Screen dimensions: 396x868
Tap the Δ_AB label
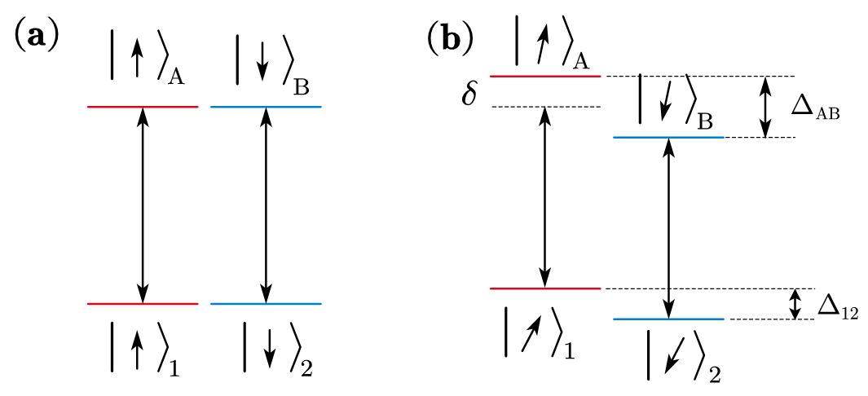pos(815,106)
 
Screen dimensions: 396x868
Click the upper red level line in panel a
pos(143,107)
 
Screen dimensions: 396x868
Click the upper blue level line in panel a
pos(266,107)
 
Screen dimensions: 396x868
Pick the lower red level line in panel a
pos(143,304)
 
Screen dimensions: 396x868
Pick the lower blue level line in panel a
pos(266,304)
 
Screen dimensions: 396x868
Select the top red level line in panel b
pos(544,76)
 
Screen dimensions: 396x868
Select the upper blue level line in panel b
pos(668,137)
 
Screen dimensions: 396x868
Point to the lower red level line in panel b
pos(544,288)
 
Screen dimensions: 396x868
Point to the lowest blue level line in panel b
pos(668,319)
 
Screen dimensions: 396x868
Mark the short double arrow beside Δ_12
pos(796,304)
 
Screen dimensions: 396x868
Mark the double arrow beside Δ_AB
pos(765,106)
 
